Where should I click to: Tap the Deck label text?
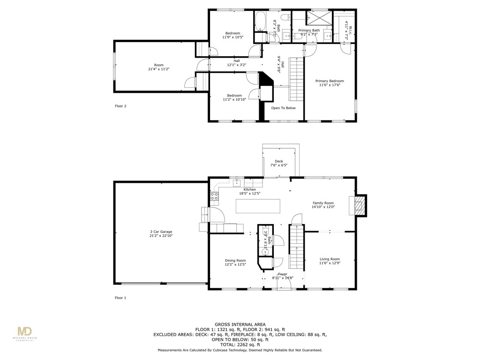[x=278, y=161]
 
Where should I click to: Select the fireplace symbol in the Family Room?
[x=359, y=205]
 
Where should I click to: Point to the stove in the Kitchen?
[x=214, y=196]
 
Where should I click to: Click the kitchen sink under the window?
[x=237, y=182]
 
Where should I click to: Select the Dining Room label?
[x=235, y=261]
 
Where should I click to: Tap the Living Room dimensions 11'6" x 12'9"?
[x=330, y=264]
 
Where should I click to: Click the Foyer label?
[x=282, y=274]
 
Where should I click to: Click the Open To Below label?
[x=283, y=108]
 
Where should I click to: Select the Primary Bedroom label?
[x=329, y=81]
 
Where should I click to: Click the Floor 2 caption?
[x=120, y=106]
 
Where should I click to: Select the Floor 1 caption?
[x=120, y=298]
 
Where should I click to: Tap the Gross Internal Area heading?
[x=240, y=324]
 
